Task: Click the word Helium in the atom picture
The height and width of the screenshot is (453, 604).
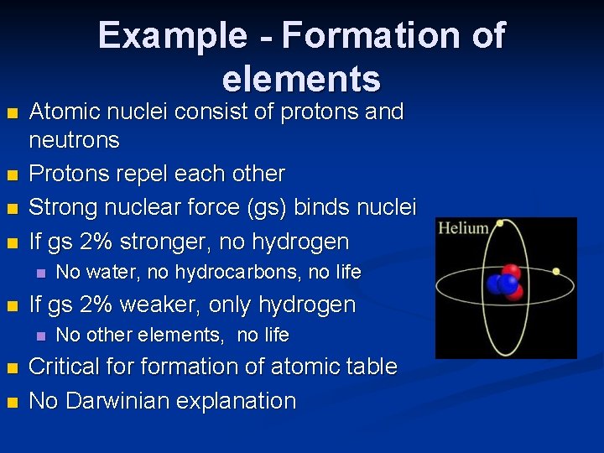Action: tap(464, 228)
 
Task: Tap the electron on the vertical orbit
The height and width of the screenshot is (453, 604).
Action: tap(500, 224)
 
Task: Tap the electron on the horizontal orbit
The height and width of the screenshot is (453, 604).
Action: tap(555, 272)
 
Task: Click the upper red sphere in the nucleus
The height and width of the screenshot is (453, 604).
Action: tap(511, 273)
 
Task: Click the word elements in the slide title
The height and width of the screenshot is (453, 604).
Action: tap(301, 79)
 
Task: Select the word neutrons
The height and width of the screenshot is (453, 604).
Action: tap(75, 139)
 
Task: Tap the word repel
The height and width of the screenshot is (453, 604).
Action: tap(132, 174)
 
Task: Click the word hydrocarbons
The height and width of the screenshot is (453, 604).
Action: tap(242, 272)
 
